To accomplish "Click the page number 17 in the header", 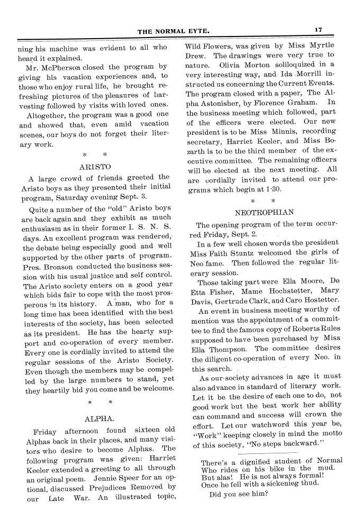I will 318,31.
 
